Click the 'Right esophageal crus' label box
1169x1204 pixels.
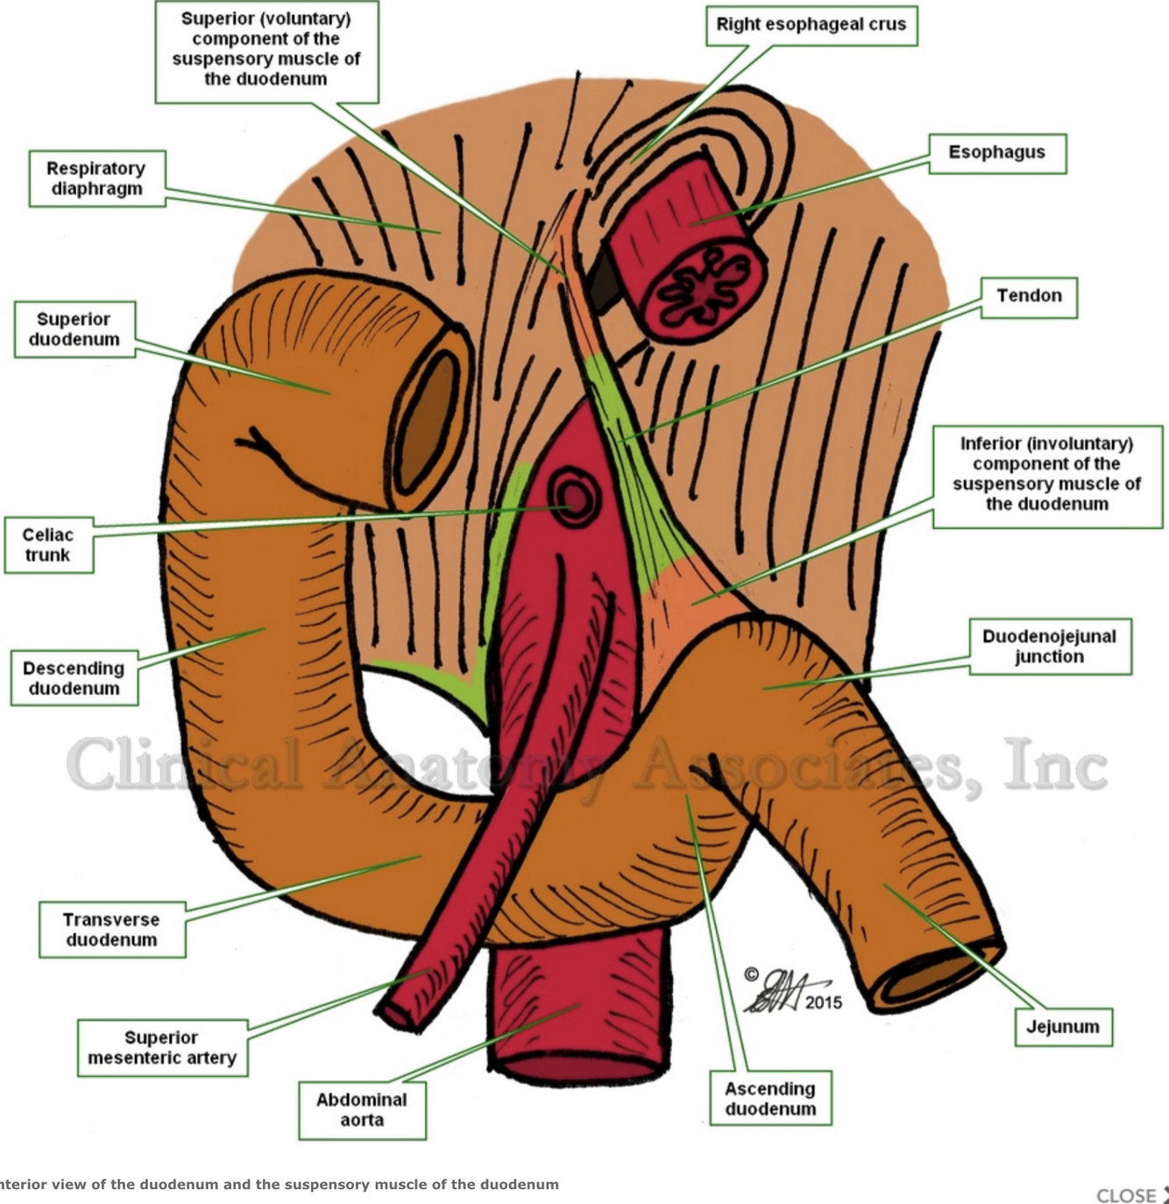pyautogui.click(x=811, y=25)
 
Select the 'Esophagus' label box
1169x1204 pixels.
pyautogui.click(x=996, y=152)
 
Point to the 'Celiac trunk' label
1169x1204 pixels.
pyautogui.click(x=48, y=544)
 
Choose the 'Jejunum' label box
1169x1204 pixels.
pyautogui.click(x=1062, y=1026)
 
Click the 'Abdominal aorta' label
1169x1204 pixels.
pyautogui.click(x=362, y=1109)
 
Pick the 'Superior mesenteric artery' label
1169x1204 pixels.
pyautogui.click(x=162, y=1047)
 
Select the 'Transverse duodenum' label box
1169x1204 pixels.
pyautogui.click(x=111, y=929)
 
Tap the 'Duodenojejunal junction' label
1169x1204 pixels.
pyautogui.click(x=1049, y=647)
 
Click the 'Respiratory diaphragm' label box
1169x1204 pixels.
pyautogui.click(x=96, y=178)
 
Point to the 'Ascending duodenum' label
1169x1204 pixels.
pyautogui.click(x=769, y=1098)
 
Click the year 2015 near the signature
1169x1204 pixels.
pyautogui.click(x=824, y=1002)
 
